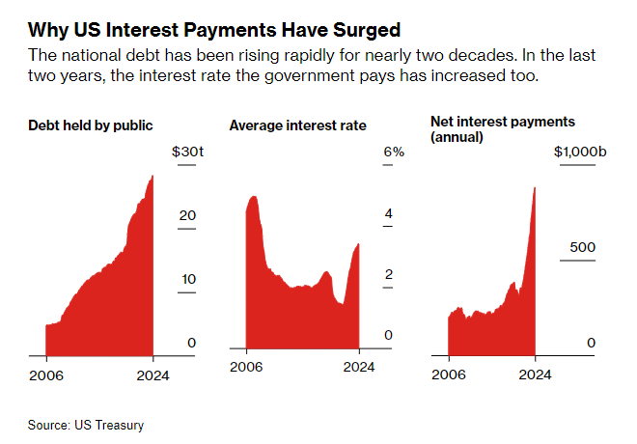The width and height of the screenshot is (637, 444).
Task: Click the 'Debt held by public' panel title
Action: click(x=92, y=125)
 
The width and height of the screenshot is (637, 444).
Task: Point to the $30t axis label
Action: click(x=183, y=153)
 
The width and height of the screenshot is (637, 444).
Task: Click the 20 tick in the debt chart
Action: click(x=187, y=215)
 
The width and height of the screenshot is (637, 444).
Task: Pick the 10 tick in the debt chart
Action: click(x=188, y=279)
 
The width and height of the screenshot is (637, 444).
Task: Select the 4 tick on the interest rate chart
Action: click(x=388, y=213)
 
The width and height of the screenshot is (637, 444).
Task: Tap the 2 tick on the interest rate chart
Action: click(x=388, y=275)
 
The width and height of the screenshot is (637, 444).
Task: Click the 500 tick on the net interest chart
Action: click(x=582, y=247)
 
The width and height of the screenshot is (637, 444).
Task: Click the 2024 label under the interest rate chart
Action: click(x=359, y=367)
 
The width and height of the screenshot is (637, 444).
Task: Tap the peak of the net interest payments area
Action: click(x=535, y=187)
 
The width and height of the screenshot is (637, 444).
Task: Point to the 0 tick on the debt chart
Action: click(x=191, y=343)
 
